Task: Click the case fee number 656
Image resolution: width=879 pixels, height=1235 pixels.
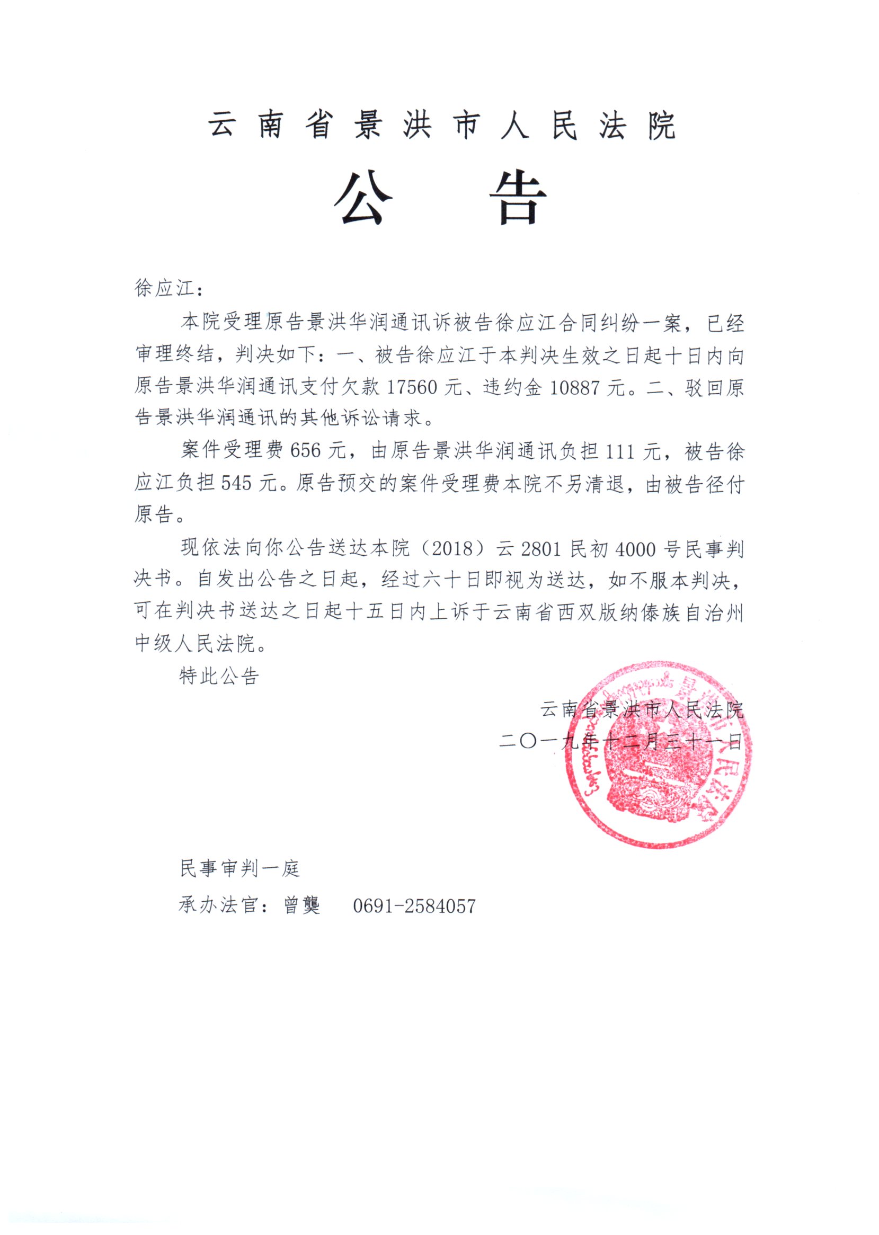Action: (x=306, y=450)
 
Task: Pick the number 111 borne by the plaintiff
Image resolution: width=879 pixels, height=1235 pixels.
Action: (x=619, y=450)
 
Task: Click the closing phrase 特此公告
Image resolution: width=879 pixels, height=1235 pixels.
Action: (x=219, y=676)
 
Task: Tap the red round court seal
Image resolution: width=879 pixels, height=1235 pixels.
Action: (x=658, y=755)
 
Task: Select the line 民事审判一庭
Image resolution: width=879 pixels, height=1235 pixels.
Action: (x=240, y=868)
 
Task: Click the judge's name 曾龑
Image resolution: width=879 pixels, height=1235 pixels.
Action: (x=302, y=905)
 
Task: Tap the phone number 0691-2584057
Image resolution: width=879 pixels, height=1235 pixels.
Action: (x=414, y=906)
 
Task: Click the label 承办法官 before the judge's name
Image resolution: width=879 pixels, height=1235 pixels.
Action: (x=218, y=905)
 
